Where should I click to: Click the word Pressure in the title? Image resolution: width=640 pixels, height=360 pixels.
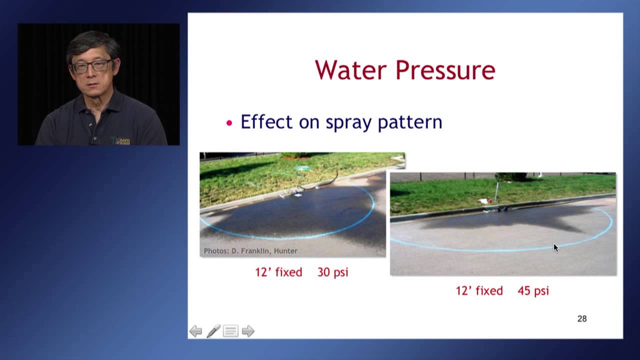tap(445, 70)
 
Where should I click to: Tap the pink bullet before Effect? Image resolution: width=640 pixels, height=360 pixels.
tap(229, 123)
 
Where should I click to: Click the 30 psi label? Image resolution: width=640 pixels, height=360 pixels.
tap(332, 272)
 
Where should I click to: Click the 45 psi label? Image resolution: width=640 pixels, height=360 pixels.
tap(533, 291)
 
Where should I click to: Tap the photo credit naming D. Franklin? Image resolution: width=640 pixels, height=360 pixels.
tap(250, 251)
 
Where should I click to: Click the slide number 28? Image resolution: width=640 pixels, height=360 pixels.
tap(582, 319)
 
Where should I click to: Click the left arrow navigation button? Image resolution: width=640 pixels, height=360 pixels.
tap(195, 331)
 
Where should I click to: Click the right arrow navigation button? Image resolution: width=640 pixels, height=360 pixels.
tap(248, 331)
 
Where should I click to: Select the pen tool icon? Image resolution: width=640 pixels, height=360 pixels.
tap(213, 331)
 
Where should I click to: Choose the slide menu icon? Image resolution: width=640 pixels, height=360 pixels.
tap(230, 331)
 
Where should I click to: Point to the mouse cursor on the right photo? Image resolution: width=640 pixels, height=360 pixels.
tap(555, 248)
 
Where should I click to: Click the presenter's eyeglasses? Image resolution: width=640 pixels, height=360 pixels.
tap(92, 66)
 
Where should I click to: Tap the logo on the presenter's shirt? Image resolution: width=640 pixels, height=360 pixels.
tap(121, 140)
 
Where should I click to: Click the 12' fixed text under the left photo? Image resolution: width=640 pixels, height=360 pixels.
tap(278, 272)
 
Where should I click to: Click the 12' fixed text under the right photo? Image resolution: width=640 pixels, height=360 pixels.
tap(479, 291)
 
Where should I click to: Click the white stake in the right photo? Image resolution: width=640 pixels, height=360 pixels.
tap(497, 190)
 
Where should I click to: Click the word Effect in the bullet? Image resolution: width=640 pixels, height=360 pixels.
tap(266, 122)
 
